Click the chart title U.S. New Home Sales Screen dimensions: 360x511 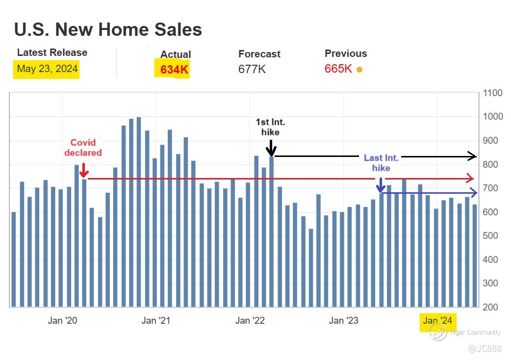(108, 30)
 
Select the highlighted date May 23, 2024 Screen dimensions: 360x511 (47, 69)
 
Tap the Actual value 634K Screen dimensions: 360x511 (174, 70)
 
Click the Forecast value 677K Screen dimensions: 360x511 (252, 69)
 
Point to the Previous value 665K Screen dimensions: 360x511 (338, 69)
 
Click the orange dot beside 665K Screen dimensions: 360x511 (359, 70)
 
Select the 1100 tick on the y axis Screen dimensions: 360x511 (492, 93)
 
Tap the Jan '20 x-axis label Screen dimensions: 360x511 (62, 321)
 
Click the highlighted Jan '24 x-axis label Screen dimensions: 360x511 (437, 321)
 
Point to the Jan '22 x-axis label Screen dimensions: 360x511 (250, 321)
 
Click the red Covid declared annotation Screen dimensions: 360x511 (83, 148)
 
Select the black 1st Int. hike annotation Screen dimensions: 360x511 (270, 127)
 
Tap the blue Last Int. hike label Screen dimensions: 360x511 (381, 163)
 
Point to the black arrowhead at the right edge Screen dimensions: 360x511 (472, 156)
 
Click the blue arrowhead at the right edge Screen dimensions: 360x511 (473, 192)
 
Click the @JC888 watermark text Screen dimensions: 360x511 (485, 349)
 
